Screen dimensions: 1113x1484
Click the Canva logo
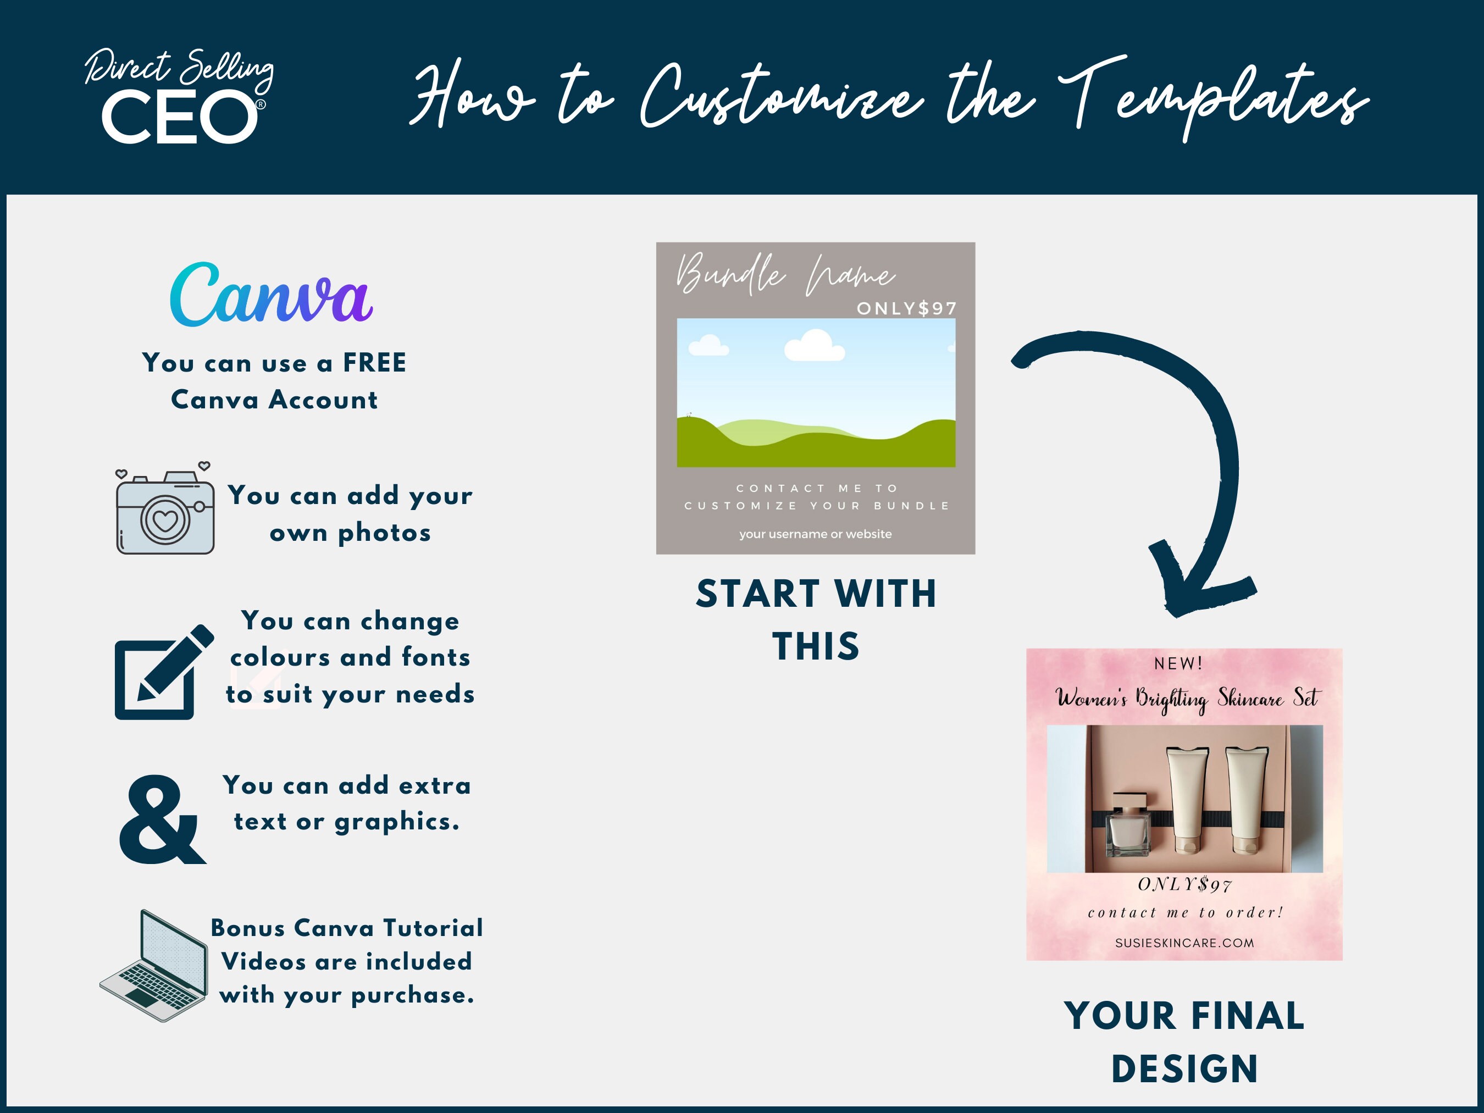pyautogui.click(x=271, y=296)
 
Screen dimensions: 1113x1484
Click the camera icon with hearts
pyautogui.click(x=165, y=512)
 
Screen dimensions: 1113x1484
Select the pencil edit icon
pyautogui.click(x=163, y=673)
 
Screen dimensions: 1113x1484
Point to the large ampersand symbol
pyautogui.click(x=162, y=820)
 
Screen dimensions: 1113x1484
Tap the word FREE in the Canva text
pyautogui.click(x=374, y=363)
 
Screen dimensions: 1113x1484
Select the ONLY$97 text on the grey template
pyautogui.click(x=906, y=308)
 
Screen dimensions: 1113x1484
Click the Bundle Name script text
pyautogui.click(x=785, y=274)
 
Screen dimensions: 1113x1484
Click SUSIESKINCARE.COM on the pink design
pyautogui.click(x=1184, y=943)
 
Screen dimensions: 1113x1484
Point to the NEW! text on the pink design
pyautogui.click(x=1178, y=663)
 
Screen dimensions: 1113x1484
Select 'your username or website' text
pyautogui.click(x=815, y=534)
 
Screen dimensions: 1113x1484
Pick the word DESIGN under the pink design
pyautogui.click(x=1184, y=1068)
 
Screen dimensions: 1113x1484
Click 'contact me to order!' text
pyautogui.click(x=1186, y=912)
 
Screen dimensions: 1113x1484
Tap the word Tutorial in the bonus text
pyautogui.click(x=433, y=928)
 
